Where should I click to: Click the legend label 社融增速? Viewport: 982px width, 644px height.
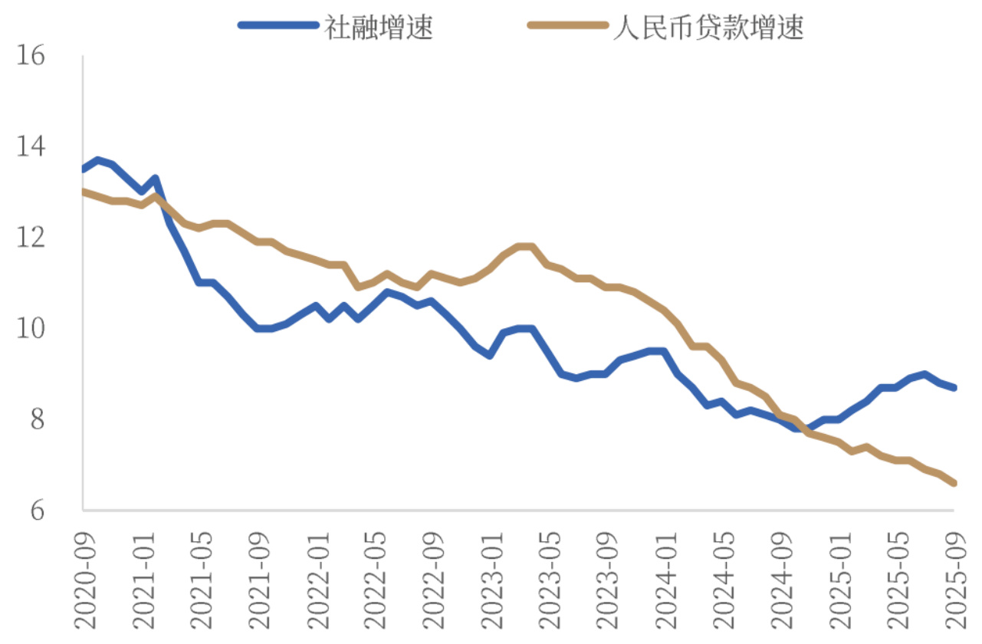[378, 28]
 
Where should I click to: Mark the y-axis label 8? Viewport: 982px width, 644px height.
[37, 420]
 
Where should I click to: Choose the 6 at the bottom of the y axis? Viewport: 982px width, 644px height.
[37, 511]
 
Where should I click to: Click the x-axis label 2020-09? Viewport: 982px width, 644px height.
[84, 575]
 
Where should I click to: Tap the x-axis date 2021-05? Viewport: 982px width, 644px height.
[201, 575]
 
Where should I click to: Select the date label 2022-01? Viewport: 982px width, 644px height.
[317, 575]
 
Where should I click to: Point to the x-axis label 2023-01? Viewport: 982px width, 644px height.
[491, 575]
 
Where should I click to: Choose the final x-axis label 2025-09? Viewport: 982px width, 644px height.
[954, 575]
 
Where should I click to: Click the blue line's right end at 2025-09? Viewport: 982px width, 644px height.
[954, 388]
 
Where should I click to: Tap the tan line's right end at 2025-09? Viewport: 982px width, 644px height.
[954, 483]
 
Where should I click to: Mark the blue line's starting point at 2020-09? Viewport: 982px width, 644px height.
[84, 169]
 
